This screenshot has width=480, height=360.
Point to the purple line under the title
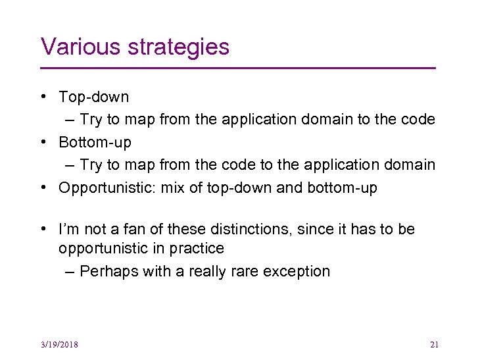tap(238, 68)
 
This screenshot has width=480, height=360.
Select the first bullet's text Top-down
tap(94, 97)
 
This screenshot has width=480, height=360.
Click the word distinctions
tap(252, 229)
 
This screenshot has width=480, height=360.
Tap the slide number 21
tap(434, 344)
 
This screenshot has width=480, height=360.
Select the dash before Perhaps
tap(70, 271)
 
